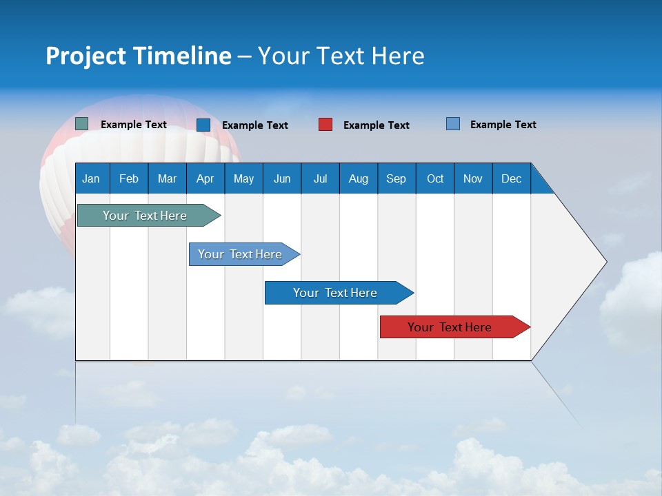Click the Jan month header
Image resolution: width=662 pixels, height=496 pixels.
92,178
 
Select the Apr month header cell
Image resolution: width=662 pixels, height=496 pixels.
205,178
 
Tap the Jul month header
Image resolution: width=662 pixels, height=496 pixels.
320,178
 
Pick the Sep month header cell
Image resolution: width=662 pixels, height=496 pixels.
397,178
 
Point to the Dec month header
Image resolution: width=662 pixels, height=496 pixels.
511,178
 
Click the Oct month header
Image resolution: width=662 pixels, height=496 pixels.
435,178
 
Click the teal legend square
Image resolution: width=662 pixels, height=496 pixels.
81,124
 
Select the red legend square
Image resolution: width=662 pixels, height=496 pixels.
325,125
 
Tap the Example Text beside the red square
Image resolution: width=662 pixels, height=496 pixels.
376,125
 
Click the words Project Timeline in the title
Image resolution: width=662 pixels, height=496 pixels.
139,56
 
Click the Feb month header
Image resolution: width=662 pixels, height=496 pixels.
129,178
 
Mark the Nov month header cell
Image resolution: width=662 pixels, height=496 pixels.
473,178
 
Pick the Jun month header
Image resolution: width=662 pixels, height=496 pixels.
282,178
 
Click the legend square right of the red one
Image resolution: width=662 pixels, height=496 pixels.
453,124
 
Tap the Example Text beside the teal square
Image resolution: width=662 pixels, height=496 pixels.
134,125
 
